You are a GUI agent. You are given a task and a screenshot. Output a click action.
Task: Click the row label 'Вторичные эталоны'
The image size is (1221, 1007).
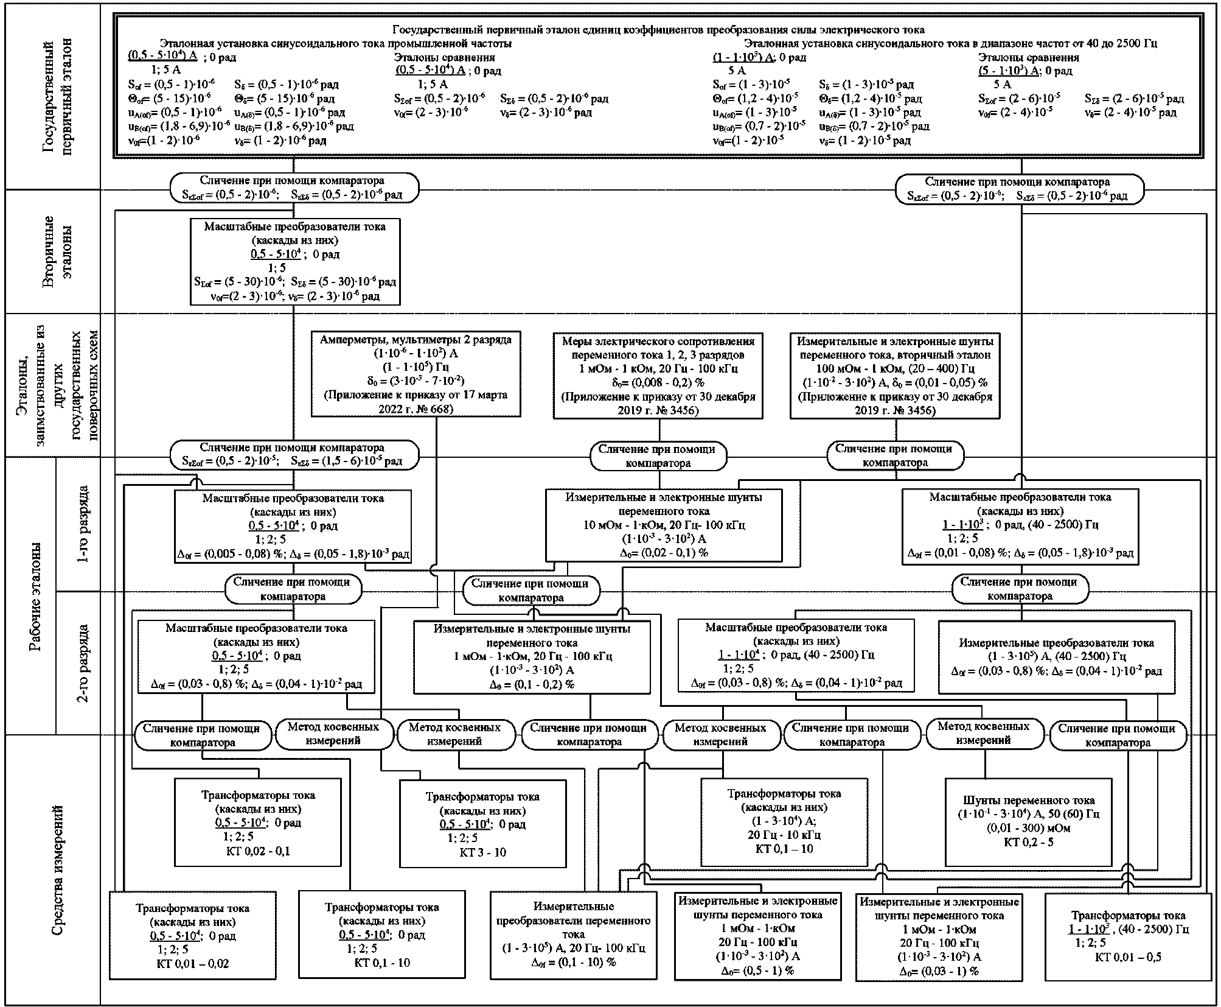tap(58, 251)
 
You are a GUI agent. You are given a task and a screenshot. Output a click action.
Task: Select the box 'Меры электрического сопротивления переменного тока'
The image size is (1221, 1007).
tap(658, 376)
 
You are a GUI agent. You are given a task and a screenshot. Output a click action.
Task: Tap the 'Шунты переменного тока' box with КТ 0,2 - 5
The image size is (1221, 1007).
tap(1028, 821)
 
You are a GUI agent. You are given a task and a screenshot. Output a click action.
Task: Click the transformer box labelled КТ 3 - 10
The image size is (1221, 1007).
tap(482, 824)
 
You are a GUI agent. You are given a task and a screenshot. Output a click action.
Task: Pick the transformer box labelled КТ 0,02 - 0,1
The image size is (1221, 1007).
tap(258, 823)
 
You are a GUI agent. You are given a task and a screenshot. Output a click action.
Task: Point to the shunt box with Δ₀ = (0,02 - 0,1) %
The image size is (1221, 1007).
tap(663, 525)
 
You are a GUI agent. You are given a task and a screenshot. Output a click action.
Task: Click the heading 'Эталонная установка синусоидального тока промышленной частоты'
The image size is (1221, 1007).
tap(335, 43)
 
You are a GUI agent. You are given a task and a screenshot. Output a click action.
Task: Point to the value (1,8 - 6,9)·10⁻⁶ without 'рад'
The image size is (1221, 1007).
tap(179, 127)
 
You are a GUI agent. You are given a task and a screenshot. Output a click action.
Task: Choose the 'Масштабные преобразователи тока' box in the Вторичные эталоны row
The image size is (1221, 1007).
tap(294, 261)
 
